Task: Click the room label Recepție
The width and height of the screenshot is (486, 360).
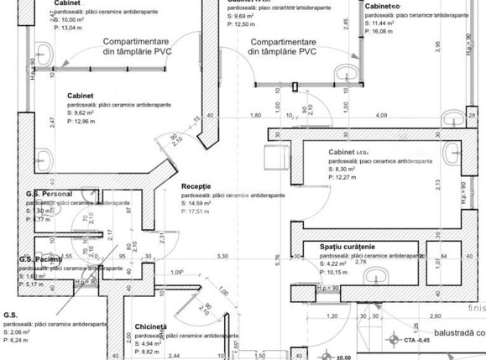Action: click(x=196, y=185)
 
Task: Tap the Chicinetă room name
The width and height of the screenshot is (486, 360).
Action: click(x=151, y=326)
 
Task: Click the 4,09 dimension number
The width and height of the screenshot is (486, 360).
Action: click(x=381, y=115)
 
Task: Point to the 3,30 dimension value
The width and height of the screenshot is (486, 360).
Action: click(x=222, y=255)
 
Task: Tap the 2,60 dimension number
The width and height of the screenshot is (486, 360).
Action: click(x=436, y=317)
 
